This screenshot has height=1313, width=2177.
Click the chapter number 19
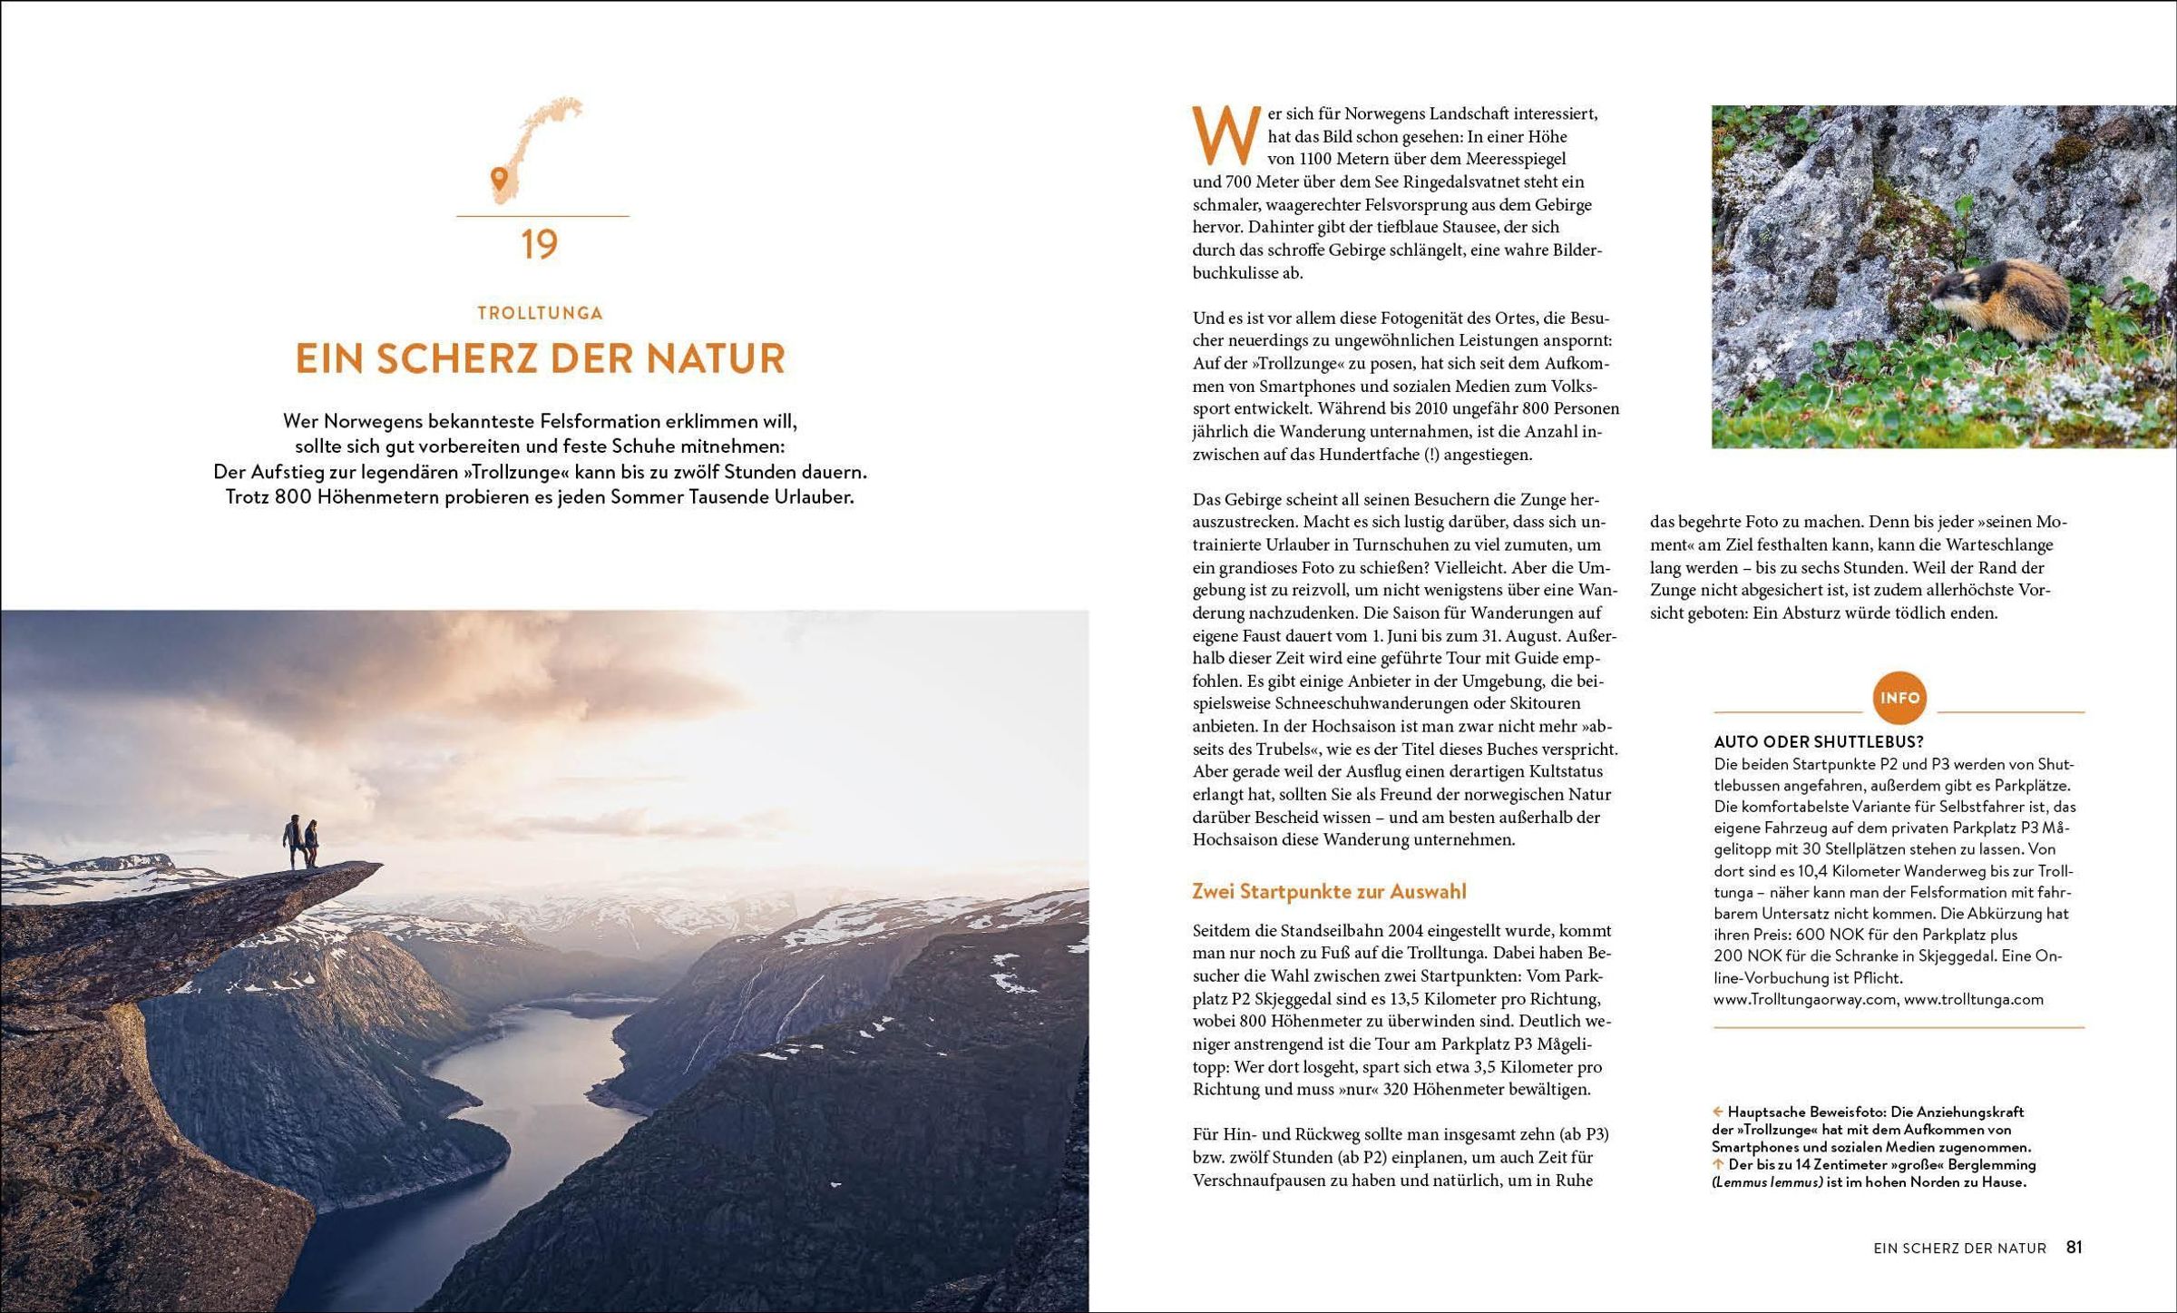pos(540,245)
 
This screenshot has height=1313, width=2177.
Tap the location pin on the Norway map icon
pos(498,177)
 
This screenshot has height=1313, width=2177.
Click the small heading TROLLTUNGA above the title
pos(540,313)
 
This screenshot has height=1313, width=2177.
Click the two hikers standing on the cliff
pos(300,841)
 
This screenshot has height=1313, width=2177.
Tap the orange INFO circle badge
pos(1899,698)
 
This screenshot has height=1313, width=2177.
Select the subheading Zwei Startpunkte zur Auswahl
pos(1329,891)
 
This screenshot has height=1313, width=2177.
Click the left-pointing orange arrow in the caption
pos(1717,1112)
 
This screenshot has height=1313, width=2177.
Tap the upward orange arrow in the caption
pos(1717,1164)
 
